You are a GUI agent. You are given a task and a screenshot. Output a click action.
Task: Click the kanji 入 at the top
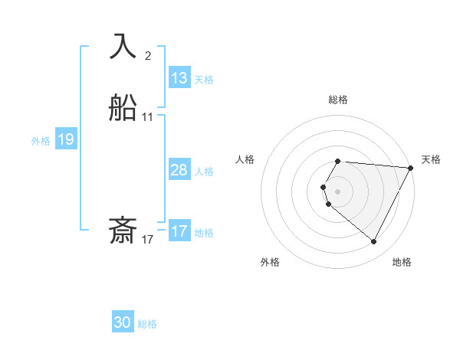(x=123, y=47)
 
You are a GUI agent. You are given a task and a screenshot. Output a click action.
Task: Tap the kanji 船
(x=123, y=109)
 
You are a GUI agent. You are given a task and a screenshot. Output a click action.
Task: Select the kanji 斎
(x=123, y=231)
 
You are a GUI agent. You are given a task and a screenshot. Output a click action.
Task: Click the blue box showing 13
(x=179, y=78)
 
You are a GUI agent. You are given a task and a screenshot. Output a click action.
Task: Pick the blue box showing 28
(x=179, y=170)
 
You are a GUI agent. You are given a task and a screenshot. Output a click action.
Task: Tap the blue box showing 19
(x=66, y=139)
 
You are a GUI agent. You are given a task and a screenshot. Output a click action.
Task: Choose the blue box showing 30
(x=123, y=322)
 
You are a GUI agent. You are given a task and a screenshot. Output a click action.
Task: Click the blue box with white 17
(x=179, y=231)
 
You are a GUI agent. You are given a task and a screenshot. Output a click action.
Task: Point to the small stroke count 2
(x=148, y=56)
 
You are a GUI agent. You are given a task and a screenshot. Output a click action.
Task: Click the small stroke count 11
(x=148, y=117)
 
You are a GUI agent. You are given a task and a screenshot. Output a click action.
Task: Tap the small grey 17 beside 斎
(x=148, y=240)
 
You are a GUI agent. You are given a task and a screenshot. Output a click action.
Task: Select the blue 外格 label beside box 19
(x=41, y=141)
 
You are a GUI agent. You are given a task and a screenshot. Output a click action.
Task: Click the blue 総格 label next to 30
(x=147, y=325)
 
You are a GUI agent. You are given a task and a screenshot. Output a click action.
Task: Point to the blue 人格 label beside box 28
(x=204, y=172)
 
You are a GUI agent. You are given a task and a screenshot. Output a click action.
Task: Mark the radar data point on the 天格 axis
(x=410, y=168)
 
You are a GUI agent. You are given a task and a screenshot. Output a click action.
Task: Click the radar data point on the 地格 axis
(x=374, y=242)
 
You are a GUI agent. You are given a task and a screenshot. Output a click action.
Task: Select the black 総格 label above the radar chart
(x=338, y=100)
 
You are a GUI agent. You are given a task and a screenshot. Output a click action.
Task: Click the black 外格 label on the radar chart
(x=270, y=263)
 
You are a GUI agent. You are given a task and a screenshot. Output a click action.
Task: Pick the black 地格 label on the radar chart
(x=402, y=263)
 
